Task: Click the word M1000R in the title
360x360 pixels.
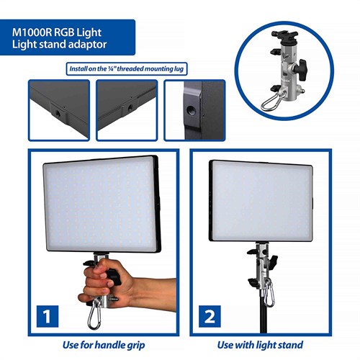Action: (x=32, y=32)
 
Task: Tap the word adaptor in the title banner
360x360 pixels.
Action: (x=91, y=45)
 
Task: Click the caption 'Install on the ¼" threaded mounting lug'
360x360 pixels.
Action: (x=127, y=69)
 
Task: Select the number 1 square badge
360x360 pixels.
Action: (x=48, y=316)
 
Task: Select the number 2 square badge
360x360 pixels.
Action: (x=210, y=316)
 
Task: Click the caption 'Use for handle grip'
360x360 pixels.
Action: (x=104, y=345)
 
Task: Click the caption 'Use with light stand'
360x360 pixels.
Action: (x=260, y=345)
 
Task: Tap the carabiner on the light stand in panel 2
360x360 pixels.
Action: (x=269, y=293)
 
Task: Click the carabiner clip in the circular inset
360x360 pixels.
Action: (x=272, y=102)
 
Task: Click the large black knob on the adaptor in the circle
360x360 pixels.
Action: (x=301, y=70)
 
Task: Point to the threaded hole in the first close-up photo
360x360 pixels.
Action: (x=58, y=112)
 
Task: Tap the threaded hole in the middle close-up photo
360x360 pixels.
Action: (x=130, y=107)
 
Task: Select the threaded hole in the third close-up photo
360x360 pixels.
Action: (x=190, y=110)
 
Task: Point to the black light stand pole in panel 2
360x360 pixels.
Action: (x=264, y=319)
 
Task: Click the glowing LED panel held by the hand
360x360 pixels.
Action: (x=102, y=205)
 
